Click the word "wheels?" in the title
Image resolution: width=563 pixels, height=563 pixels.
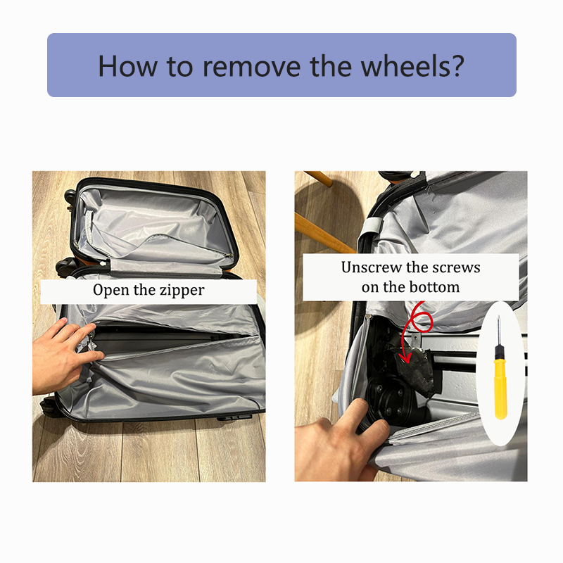tap(412, 66)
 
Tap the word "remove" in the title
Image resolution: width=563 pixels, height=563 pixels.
tap(252, 66)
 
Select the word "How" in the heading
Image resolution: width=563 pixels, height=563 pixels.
tap(128, 66)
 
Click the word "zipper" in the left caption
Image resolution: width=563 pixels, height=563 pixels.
tap(182, 290)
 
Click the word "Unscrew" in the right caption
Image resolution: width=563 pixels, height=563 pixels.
tap(372, 267)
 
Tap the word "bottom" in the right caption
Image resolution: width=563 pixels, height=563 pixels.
tap(435, 287)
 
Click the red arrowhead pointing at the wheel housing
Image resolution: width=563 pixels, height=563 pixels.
tap(405, 357)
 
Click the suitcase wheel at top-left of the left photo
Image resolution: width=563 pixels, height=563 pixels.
tap(70, 198)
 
